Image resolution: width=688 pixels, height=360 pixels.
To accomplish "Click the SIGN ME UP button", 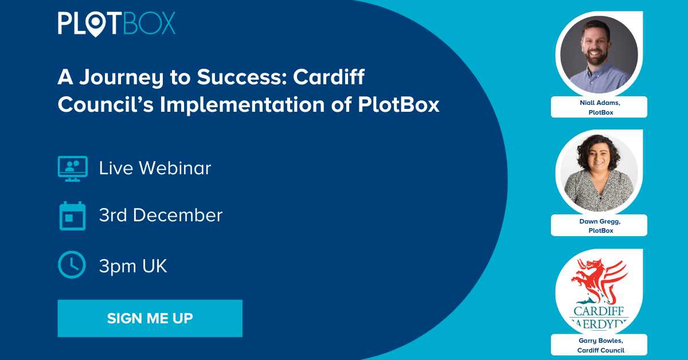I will coord(150,318).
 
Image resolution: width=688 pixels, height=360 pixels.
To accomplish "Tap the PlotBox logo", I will coord(116,22).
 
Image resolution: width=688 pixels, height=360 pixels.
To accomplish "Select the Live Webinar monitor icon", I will coord(72,169).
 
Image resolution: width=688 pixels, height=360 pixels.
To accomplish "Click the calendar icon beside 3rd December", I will coord(72,216).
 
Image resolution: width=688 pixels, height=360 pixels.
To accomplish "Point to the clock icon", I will coord(72,265).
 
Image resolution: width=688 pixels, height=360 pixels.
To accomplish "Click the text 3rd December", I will coord(161,216).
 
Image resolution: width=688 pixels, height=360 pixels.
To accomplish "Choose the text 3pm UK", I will coord(133,266).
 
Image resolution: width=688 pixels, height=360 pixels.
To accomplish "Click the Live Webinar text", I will coord(155,169).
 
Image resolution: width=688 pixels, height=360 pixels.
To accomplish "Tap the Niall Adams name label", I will coord(599,107).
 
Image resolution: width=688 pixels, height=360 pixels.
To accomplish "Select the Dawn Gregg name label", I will coord(599,225).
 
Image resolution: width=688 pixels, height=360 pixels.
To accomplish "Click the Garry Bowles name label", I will coord(599,345).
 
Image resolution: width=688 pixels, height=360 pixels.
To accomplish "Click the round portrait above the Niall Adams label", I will coord(599,54).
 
